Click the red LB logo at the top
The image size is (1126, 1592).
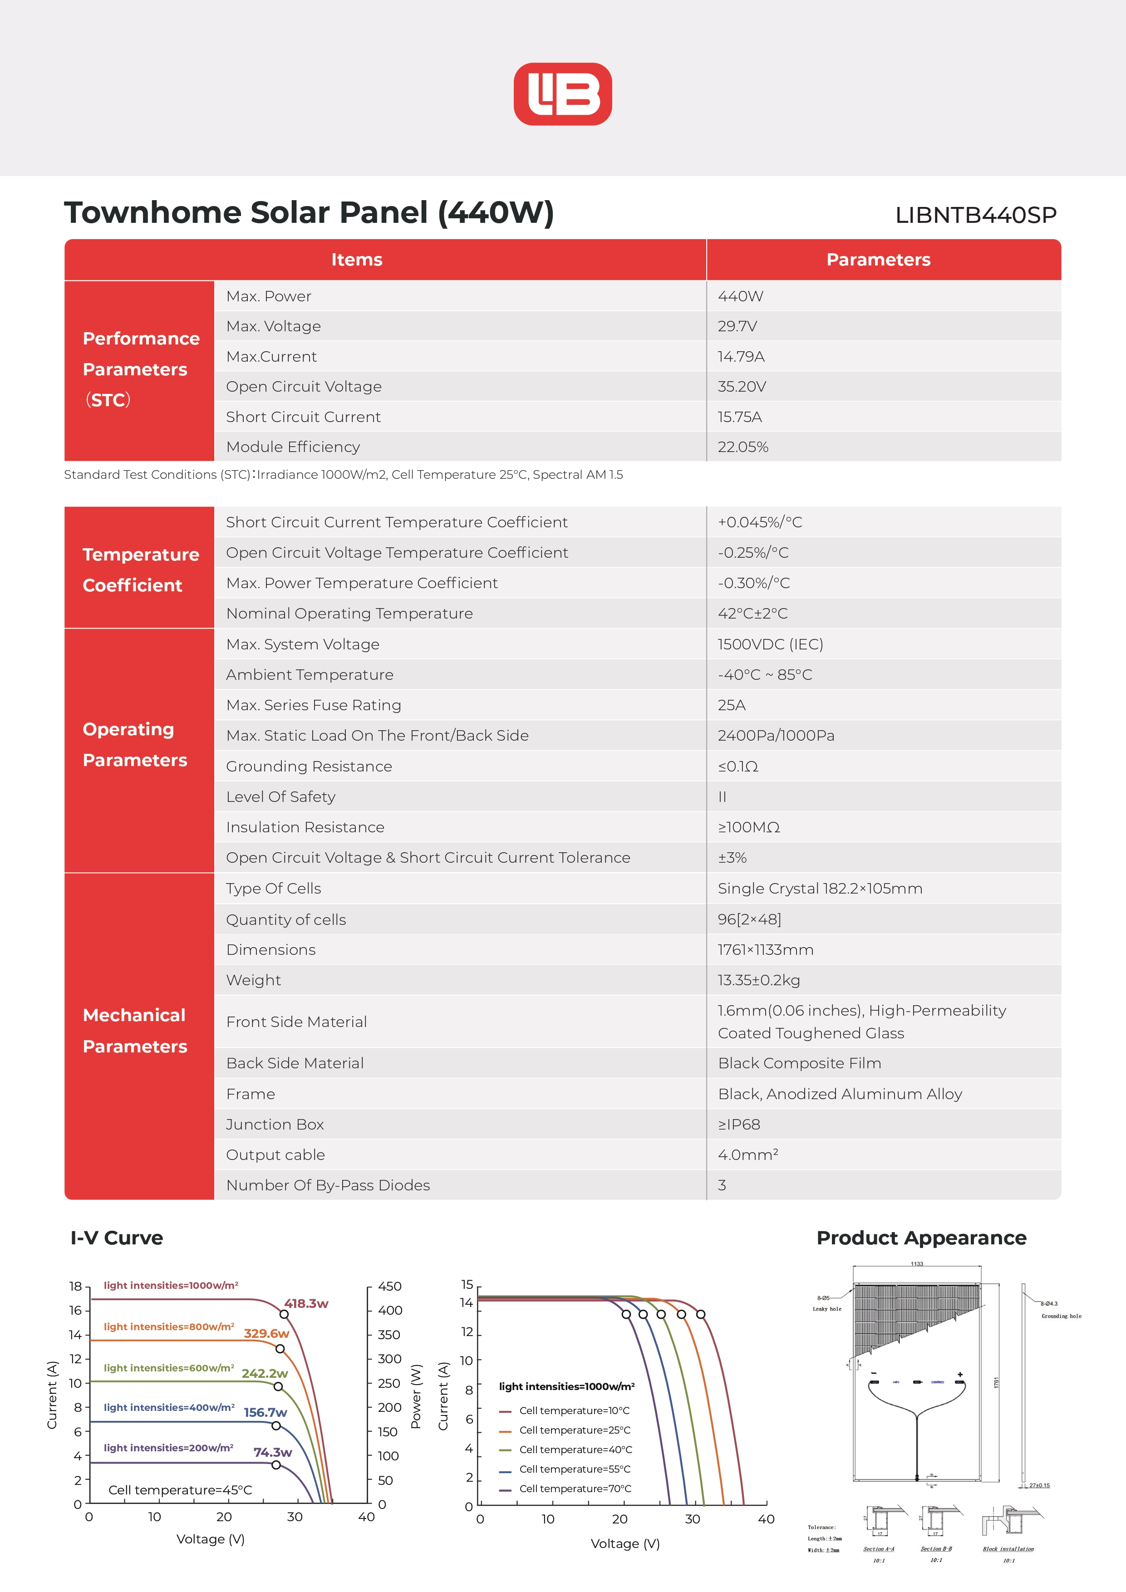562,94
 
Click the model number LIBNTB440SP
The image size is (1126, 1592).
975,215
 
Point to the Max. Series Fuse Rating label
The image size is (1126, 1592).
314,705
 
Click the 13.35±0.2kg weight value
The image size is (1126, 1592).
758,980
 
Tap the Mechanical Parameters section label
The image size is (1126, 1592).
135,1030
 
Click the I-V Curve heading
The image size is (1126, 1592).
117,1238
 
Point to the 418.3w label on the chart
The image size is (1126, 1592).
306,1303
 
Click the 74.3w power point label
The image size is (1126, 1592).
272,1452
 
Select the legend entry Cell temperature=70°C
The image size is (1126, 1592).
575,1489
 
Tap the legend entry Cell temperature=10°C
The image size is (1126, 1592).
574,1410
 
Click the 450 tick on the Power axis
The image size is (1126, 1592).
390,1286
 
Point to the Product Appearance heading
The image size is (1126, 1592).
921,1238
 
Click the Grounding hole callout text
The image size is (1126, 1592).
1061,1316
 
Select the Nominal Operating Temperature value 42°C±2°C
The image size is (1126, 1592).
752,614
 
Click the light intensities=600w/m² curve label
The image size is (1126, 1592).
168,1368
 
